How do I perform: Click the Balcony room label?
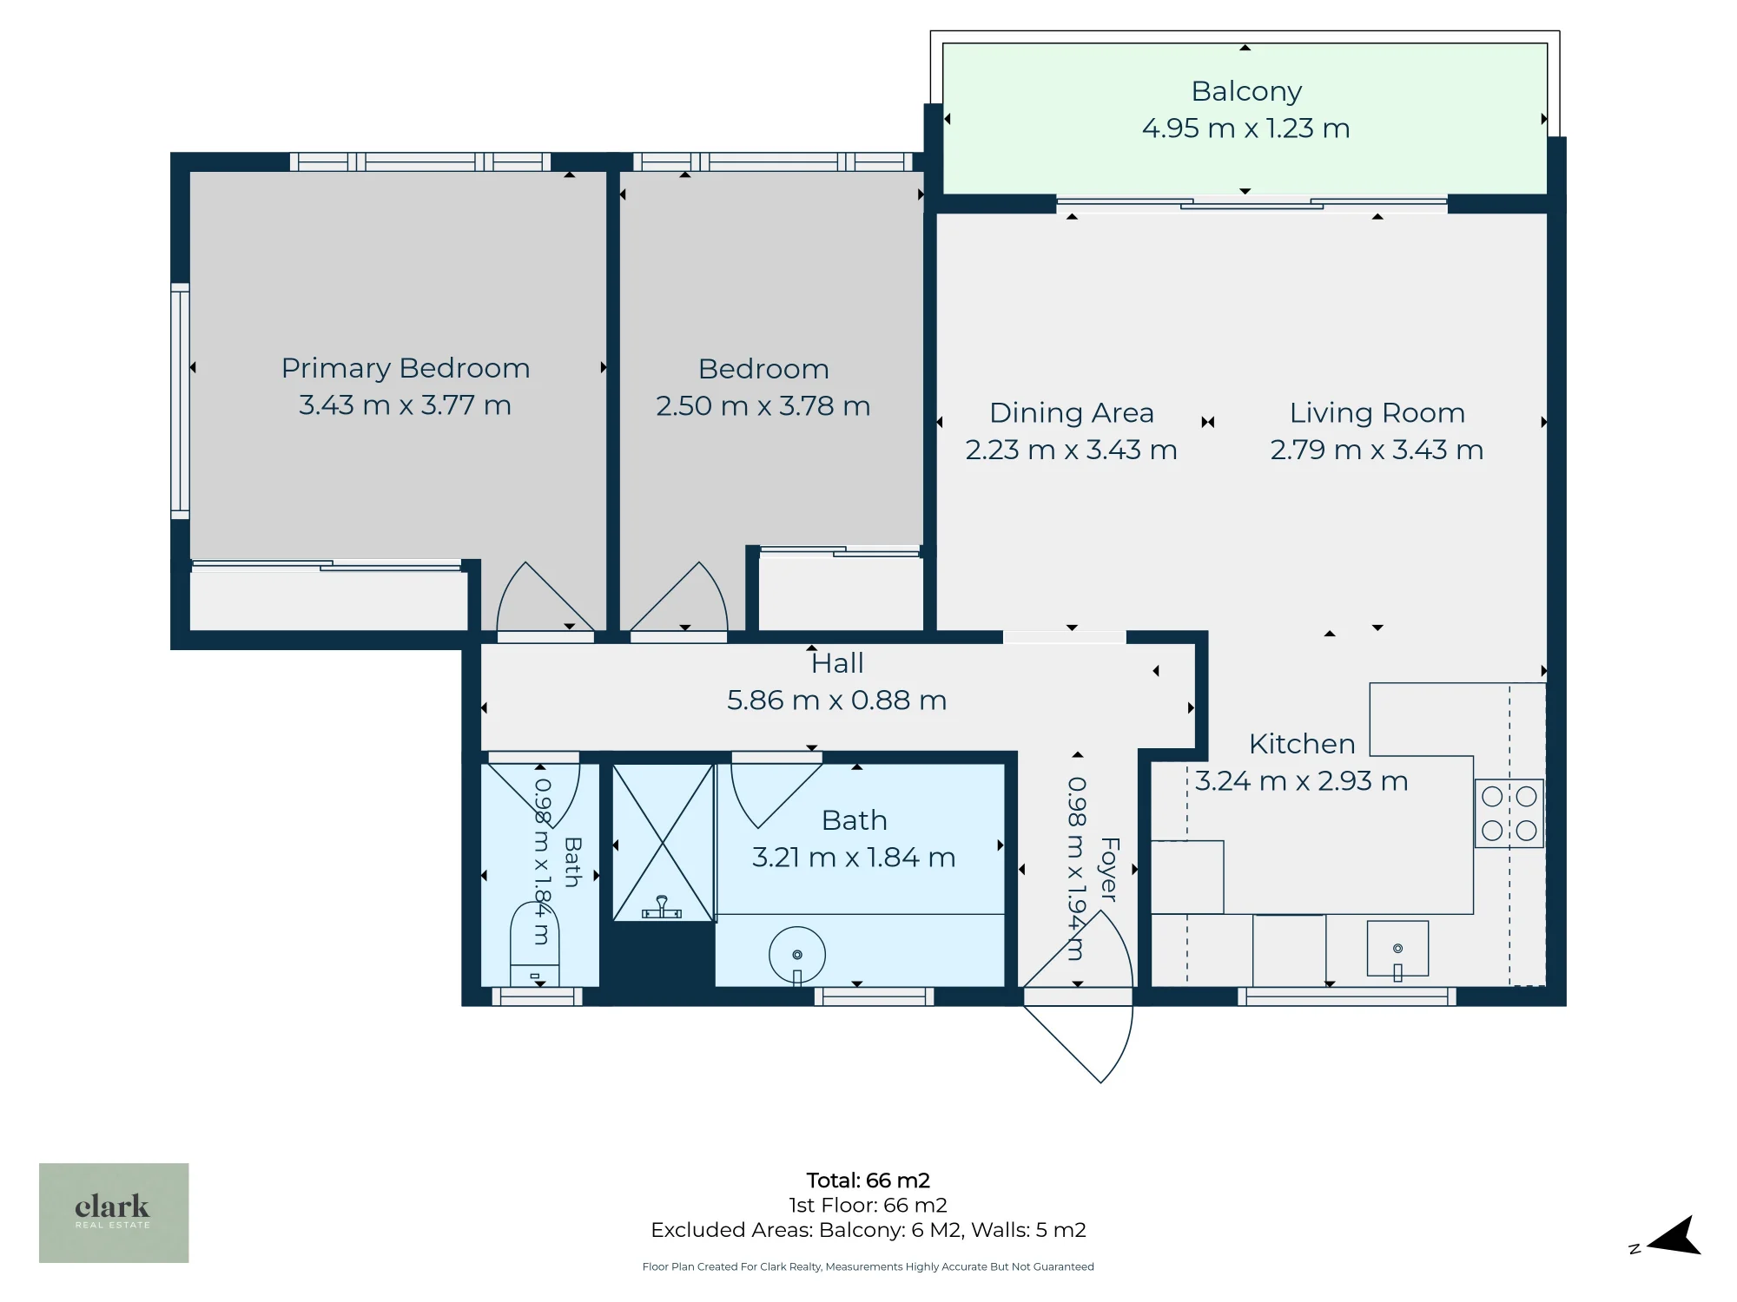tap(1246, 92)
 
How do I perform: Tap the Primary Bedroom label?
tap(406, 369)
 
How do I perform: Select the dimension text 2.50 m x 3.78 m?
tap(763, 406)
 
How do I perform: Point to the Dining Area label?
tap(1072, 413)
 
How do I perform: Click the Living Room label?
tap(1377, 413)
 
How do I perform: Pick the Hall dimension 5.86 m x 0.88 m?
tap(837, 700)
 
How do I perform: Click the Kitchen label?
tap(1302, 744)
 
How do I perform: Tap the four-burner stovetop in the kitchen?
tap(1509, 813)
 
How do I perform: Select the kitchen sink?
tap(1397, 949)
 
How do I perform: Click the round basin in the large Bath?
tap(797, 955)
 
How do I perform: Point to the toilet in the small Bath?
tap(534, 944)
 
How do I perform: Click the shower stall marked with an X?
tap(663, 842)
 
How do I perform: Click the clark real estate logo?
tap(114, 1213)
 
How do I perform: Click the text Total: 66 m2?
tap(868, 1180)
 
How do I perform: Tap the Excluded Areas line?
tap(868, 1230)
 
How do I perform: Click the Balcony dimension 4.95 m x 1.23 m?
tap(1246, 128)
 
